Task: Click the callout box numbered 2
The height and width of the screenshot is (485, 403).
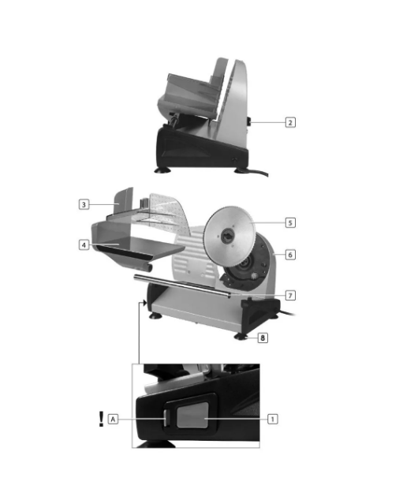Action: tap(290, 122)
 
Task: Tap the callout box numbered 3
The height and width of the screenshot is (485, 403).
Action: tap(84, 204)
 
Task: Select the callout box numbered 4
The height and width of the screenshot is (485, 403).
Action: tap(84, 245)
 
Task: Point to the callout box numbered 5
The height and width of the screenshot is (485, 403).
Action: tap(290, 222)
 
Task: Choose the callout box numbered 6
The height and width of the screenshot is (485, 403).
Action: tap(290, 255)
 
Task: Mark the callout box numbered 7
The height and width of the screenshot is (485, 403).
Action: tap(290, 296)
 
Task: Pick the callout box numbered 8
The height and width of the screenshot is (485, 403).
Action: tap(263, 338)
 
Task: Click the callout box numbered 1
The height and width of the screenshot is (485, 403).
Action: tap(273, 419)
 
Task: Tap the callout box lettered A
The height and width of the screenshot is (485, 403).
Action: tap(113, 419)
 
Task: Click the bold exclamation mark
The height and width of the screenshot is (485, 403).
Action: tap(101, 419)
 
